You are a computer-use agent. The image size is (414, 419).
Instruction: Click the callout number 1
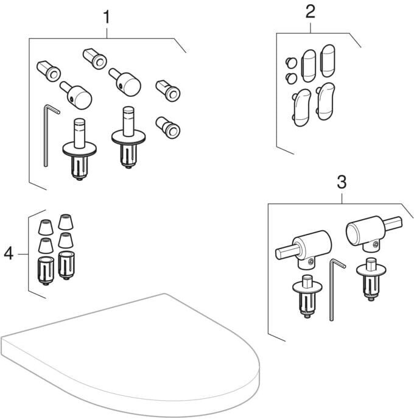(107, 18)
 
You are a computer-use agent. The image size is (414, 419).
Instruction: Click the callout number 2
(310, 12)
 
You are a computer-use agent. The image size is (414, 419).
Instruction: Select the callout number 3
(342, 182)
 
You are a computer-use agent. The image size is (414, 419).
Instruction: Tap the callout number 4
(9, 253)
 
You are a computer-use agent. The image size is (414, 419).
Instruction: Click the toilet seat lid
(130, 356)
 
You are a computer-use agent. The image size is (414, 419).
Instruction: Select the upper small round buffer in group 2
(291, 63)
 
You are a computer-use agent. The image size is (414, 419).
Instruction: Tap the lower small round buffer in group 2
(291, 79)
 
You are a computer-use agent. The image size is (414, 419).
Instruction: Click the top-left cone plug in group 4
(46, 227)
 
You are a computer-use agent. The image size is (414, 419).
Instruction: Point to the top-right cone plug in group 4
(66, 222)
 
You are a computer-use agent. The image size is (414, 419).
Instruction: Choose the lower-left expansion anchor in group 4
(46, 270)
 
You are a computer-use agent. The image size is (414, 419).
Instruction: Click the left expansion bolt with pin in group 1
(79, 149)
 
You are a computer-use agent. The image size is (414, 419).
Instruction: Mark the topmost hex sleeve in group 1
(95, 58)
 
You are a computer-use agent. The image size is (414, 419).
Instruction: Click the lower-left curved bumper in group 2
(301, 107)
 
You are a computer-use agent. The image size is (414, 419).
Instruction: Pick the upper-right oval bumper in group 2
(328, 61)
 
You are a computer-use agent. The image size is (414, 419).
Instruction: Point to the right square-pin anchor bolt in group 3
(371, 279)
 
